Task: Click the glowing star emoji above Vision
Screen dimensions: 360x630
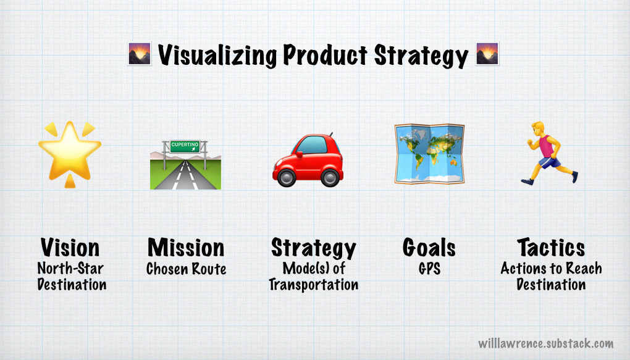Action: click(x=69, y=151)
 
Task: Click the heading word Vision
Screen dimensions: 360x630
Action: click(x=70, y=248)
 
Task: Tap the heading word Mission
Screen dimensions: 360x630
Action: click(x=186, y=248)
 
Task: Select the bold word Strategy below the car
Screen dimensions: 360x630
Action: click(x=313, y=248)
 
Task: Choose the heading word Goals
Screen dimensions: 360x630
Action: click(x=429, y=248)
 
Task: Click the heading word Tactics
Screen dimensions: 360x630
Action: click(x=550, y=248)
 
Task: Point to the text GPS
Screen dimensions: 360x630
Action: click(x=429, y=269)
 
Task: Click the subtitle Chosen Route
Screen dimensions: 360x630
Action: click(x=186, y=269)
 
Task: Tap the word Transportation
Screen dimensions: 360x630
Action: click(x=313, y=285)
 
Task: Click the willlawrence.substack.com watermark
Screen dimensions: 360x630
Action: click(x=545, y=343)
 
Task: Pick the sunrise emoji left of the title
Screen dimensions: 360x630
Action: click(x=139, y=55)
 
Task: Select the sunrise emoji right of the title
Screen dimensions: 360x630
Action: click(x=487, y=55)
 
